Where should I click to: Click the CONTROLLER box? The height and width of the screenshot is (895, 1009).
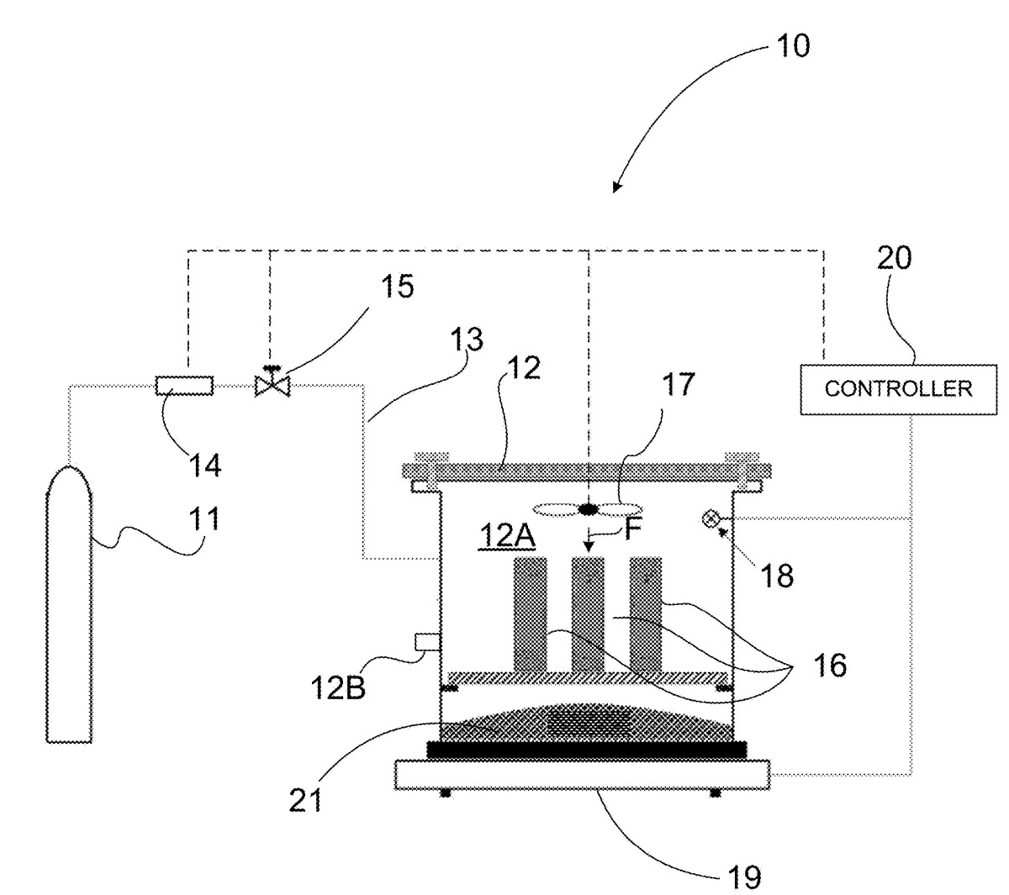point(898,389)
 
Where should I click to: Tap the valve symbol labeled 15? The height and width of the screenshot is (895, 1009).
point(272,382)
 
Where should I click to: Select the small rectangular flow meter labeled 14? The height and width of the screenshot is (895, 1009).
point(184,385)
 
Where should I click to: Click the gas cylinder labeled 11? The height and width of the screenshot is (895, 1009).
point(69,603)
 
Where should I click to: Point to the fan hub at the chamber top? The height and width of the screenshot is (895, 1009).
point(589,509)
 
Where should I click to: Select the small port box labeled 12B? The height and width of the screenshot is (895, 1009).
point(426,641)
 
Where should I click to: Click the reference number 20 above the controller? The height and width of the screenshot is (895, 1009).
point(894,258)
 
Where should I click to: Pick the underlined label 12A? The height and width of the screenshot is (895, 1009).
point(507,536)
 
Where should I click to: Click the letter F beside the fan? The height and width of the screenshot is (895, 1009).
point(632,529)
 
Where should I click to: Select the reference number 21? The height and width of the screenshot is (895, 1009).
point(305,801)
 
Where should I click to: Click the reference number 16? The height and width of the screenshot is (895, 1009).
point(830,665)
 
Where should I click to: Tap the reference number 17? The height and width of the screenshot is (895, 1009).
point(678,384)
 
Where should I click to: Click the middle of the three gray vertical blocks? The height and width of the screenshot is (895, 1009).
point(589,613)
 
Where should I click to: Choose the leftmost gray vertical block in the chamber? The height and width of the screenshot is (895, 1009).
point(531,613)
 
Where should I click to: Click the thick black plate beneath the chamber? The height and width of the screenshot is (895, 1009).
point(587,750)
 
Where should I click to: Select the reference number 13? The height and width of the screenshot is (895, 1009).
point(467,339)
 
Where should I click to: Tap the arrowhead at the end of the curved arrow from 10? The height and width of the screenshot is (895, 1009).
point(617,187)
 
